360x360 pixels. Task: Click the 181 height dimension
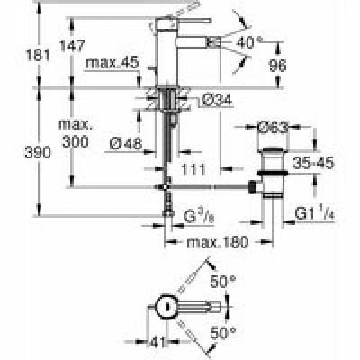tap(38, 55)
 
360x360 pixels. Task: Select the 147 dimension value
tap(72, 46)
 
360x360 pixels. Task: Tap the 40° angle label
tap(249, 42)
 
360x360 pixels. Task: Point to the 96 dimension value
tap(277, 66)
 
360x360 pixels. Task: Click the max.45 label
tap(112, 63)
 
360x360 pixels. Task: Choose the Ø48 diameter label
tap(126, 144)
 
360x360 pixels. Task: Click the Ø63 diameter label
tap(273, 128)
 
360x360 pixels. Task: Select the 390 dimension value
tap(38, 153)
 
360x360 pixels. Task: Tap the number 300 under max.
tap(76, 141)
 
